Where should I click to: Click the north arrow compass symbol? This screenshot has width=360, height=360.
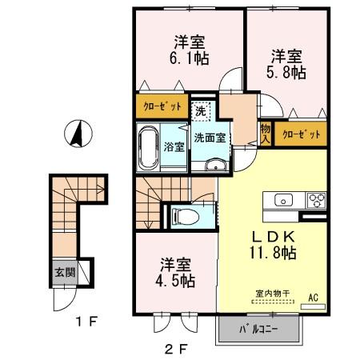78,133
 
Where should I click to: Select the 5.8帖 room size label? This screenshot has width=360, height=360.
287,72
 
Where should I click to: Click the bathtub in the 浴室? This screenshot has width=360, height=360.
147,146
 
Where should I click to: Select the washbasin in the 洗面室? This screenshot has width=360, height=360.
215,165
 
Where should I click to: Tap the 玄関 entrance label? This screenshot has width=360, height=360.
64,271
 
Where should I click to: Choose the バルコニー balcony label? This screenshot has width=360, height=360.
257,328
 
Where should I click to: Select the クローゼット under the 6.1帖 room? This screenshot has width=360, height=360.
162,106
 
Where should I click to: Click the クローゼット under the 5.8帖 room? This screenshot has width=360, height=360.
301,135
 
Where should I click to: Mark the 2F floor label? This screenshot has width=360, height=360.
176,348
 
